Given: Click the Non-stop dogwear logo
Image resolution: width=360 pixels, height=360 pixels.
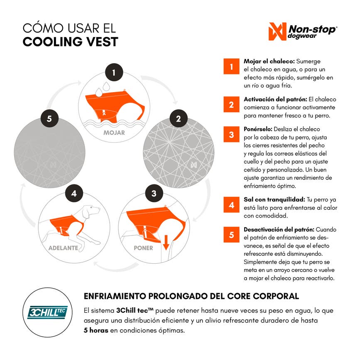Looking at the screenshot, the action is [x=303, y=32].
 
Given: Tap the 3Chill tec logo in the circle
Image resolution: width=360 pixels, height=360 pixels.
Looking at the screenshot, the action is [x=47, y=313].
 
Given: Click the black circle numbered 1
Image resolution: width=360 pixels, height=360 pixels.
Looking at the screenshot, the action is [x=114, y=72].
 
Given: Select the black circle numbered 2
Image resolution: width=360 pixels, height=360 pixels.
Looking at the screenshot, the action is [x=179, y=118].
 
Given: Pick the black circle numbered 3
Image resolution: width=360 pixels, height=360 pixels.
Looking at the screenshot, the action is [x=154, y=193].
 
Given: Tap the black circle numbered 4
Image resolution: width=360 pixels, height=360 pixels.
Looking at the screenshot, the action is [x=74, y=193].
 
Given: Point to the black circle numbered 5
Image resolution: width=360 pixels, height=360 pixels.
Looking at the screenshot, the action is [x=49, y=118].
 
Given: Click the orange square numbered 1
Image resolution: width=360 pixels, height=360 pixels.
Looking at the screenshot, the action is [x=231, y=66].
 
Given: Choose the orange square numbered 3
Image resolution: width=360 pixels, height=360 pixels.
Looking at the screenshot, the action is [x=231, y=134].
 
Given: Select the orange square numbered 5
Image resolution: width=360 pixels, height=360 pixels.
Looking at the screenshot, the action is [x=231, y=235].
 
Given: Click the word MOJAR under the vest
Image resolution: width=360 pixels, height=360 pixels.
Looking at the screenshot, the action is [x=114, y=133].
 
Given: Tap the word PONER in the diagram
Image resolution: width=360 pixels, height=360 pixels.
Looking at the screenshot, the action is [x=143, y=248].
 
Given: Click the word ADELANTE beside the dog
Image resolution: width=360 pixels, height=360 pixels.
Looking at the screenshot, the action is [x=64, y=248].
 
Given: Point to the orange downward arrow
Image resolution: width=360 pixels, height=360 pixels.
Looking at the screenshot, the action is [x=166, y=242].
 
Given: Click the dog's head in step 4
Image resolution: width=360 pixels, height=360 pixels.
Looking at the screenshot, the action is [x=91, y=211].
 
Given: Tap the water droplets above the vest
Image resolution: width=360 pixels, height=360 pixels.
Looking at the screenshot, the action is [x=103, y=89].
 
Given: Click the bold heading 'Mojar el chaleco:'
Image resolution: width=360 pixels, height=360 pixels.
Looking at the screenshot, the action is [x=269, y=61].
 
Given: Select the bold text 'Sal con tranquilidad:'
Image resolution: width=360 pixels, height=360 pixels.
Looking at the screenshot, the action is [x=274, y=199].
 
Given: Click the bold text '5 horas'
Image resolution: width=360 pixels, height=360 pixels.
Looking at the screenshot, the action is [x=96, y=331].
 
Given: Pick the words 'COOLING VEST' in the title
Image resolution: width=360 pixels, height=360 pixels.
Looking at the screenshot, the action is [x=70, y=42].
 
